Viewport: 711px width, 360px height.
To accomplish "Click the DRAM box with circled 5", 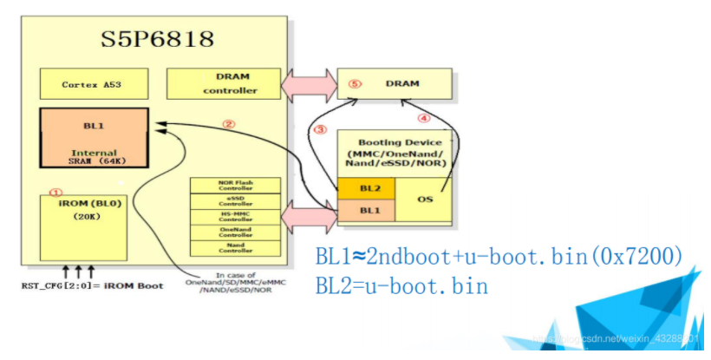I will pos(394,84).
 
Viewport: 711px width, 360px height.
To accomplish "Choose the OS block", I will pos(425,199).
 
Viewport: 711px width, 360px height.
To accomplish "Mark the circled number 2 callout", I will pos(229,124).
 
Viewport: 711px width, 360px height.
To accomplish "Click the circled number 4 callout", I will pos(425,117).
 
